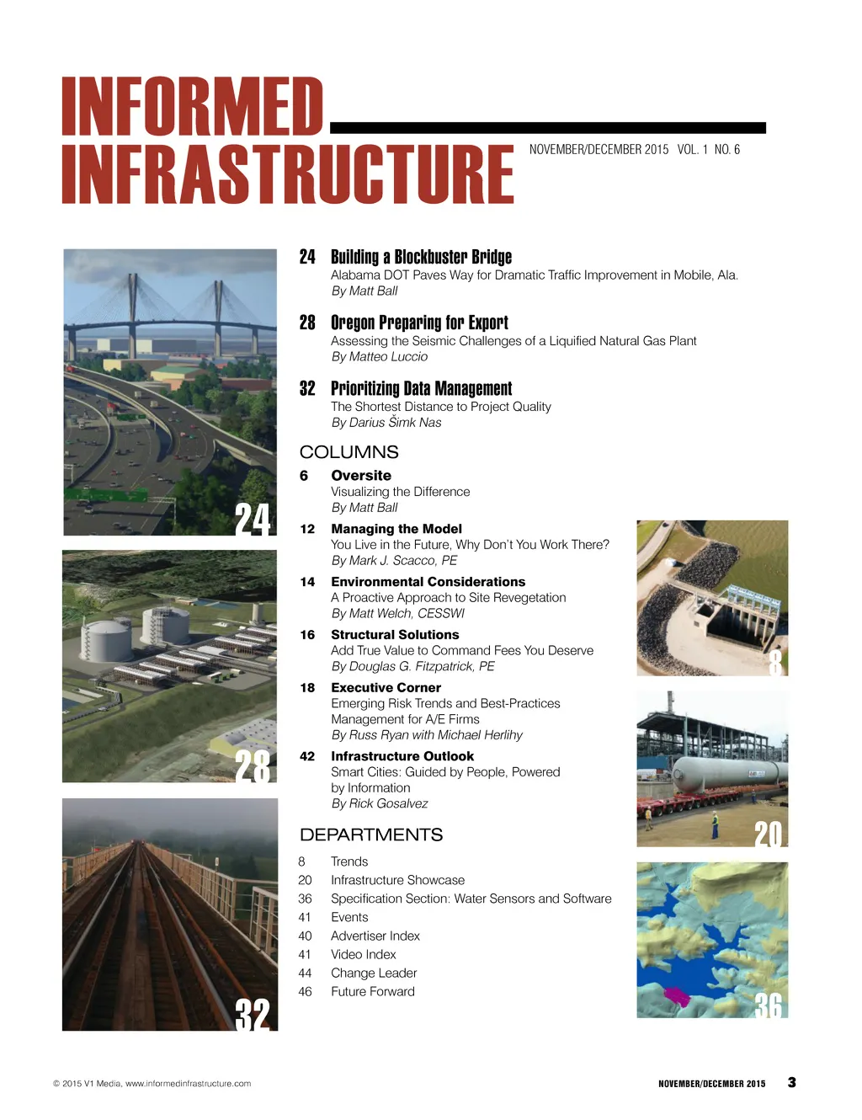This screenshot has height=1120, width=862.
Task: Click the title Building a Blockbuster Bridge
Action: coord(421,257)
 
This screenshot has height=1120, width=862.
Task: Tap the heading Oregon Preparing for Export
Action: coord(419,323)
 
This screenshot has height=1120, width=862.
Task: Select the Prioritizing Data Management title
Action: coord(421,388)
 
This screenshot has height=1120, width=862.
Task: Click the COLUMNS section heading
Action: coord(349,452)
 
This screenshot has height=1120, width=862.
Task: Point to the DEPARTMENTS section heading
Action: coord(370,835)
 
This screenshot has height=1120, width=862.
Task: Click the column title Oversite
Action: coord(361,476)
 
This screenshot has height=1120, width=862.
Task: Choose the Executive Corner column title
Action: coord(386,688)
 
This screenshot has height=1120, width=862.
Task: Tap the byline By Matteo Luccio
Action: coord(379,357)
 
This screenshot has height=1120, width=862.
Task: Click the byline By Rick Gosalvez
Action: coord(379,804)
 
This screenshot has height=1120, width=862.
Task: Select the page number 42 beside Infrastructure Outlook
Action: coord(307,756)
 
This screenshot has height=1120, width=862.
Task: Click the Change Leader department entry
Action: coord(374,973)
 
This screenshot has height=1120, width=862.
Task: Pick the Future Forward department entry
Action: coord(372,992)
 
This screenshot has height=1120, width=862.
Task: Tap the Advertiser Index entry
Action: coord(375,936)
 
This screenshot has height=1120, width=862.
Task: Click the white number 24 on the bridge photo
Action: coord(253,519)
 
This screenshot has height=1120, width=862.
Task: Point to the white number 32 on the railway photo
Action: coord(253,1014)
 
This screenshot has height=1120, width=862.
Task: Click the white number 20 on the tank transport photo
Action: coord(768,834)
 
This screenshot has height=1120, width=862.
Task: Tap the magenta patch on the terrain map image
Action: coord(676,997)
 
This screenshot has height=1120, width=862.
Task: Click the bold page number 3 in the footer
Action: coord(791,1083)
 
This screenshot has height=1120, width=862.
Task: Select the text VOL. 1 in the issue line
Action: coord(692,150)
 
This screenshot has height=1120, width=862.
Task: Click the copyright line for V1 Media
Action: coord(152,1084)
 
